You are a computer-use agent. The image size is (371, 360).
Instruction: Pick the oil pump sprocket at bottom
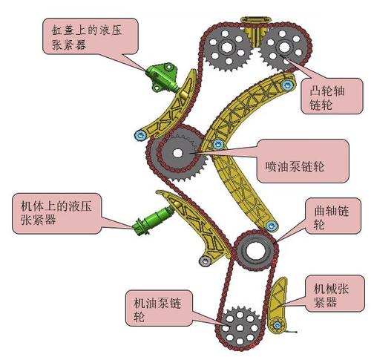tap(238, 324)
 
